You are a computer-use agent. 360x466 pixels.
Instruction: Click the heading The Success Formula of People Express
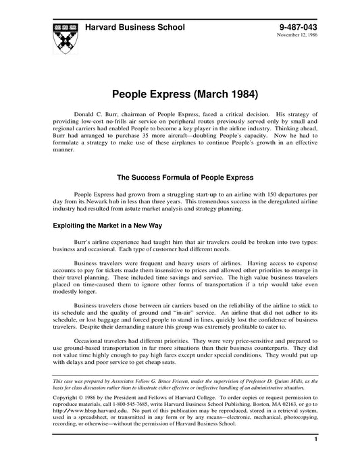tap(185, 178)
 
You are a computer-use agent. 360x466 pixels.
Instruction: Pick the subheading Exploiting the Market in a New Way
tap(107, 225)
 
